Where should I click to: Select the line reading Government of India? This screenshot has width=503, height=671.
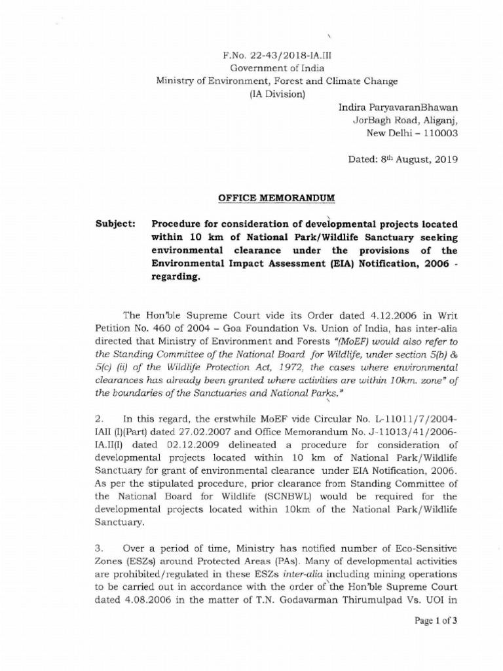276,68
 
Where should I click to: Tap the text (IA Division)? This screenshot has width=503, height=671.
276,94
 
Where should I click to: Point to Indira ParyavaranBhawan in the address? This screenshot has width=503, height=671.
398,107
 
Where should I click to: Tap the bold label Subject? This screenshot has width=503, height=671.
115,224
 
